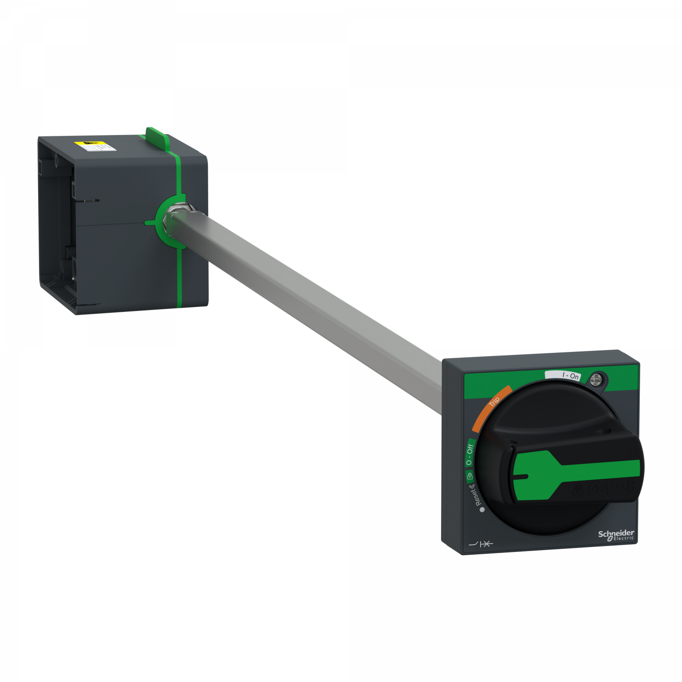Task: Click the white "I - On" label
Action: pyautogui.click(x=563, y=375)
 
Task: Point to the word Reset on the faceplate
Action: pyautogui.click(x=475, y=495)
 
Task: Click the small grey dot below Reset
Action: pyautogui.click(x=482, y=510)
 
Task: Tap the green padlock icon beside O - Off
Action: pyautogui.click(x=470, y=476)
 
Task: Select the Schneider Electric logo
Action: pyautogui.click(x=616, y=535)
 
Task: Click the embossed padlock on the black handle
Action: pyautogui.click(x=579, y=491)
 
